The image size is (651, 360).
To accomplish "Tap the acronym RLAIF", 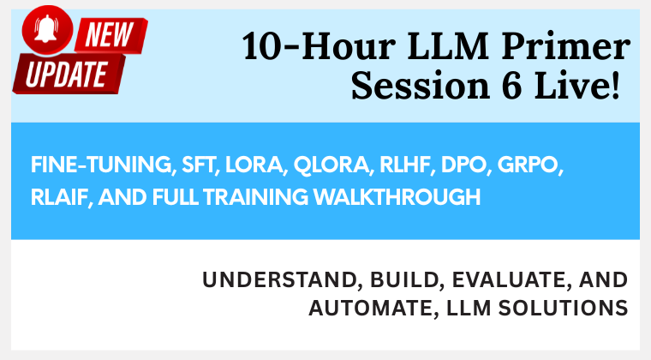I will coord(60,197).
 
